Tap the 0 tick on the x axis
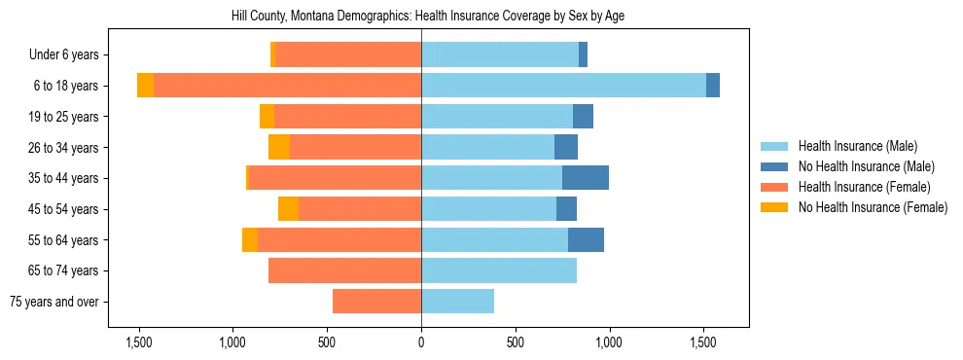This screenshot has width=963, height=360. [421, 342]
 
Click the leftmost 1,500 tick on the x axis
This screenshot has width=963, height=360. [139, 342]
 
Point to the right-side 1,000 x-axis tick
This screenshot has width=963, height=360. [609, 342]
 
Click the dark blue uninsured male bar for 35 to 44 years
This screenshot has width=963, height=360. [586, 178]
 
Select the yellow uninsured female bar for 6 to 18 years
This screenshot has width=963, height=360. [145, 86]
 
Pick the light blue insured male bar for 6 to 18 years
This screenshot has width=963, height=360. [563, 86]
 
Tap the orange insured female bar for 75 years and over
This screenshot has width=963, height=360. [376, 302]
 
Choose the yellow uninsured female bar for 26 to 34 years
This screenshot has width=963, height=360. [279, 147]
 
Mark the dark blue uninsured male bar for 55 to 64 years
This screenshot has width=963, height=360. [586, 239]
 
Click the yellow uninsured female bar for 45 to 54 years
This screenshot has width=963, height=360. [289, 209]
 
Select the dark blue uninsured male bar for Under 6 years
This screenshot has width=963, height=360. [583, 55]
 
